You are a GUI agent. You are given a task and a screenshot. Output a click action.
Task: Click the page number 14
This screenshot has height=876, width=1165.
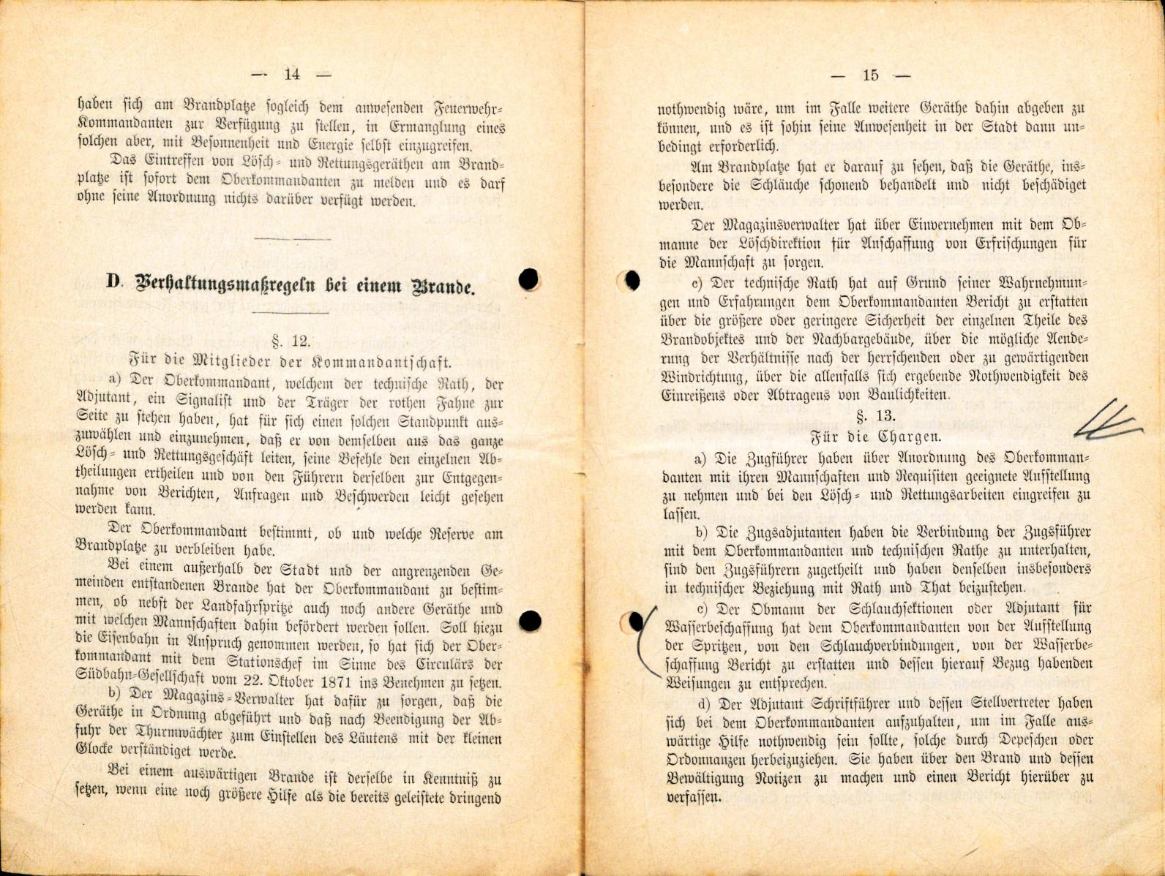(291, 74)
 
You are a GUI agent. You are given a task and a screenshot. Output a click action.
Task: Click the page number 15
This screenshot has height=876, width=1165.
(870, 75)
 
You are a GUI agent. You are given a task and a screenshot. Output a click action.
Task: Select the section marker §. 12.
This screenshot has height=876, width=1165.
(291, 341)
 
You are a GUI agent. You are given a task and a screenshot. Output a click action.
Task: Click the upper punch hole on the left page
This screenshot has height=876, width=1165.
(528, 279)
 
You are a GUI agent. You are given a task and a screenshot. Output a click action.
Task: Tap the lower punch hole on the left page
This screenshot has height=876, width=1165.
(530, 622)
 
